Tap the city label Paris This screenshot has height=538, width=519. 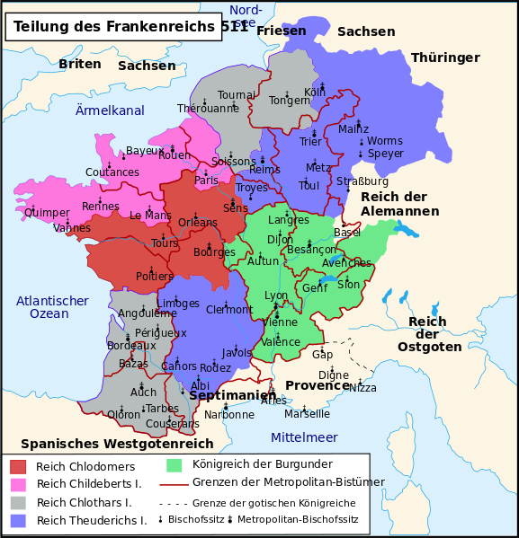207,180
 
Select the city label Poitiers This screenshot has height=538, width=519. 154,276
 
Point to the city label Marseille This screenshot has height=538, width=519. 308,414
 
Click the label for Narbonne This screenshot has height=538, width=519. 229,414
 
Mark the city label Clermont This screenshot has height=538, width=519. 229,310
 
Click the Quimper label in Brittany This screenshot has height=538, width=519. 48,213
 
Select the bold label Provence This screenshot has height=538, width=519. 317,385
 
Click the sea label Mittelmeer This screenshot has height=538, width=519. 304,437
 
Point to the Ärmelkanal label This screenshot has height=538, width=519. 110,110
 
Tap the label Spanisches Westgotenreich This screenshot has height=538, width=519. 117,444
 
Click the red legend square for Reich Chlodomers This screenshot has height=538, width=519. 18,466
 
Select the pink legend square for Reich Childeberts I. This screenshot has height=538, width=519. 18,484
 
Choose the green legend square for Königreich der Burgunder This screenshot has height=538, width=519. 174,464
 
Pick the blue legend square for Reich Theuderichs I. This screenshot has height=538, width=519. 18,520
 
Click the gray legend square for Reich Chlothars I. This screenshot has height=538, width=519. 18,502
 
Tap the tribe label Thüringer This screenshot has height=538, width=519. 445,57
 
